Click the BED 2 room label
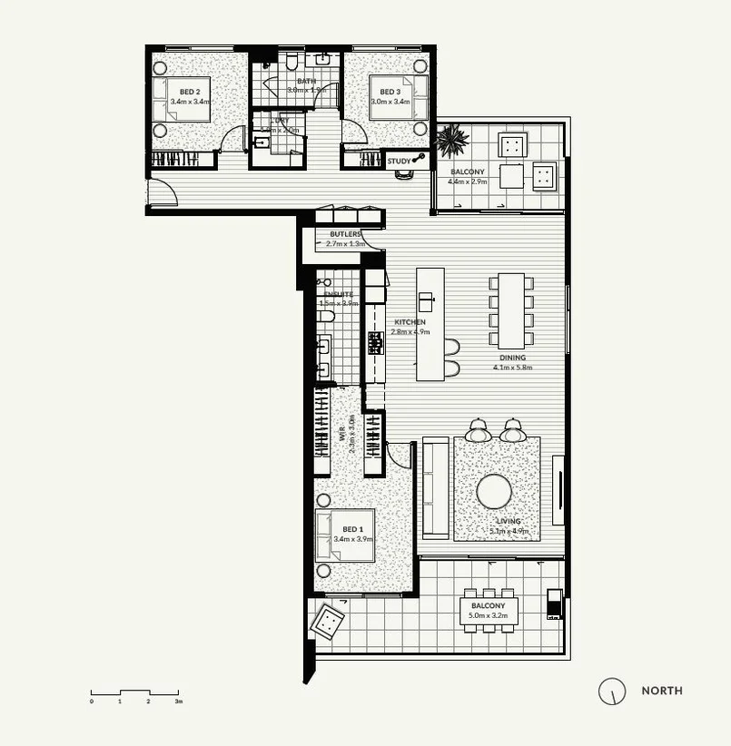click(x=190, y=92)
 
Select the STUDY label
click(x=399, y=162)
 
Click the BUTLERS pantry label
click(x=345, y=233)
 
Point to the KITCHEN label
click(x=409, y=322)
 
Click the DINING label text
click(x=511, y=358)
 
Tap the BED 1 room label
click(x=352, y=529)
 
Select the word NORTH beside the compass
click(x=662, y=691)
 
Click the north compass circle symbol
click(x=612, y=691)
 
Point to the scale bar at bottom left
click(x=134, y=694)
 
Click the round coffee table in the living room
click(x=494, y=491)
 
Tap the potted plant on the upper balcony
click(x=451, y=141)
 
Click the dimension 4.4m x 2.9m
click(x=467, y=182)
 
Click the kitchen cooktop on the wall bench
click(x=375, y=342)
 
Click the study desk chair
click(x=403, y=176)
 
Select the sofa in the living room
click(x=436, y=486)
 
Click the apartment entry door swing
click(x=162, y=191)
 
